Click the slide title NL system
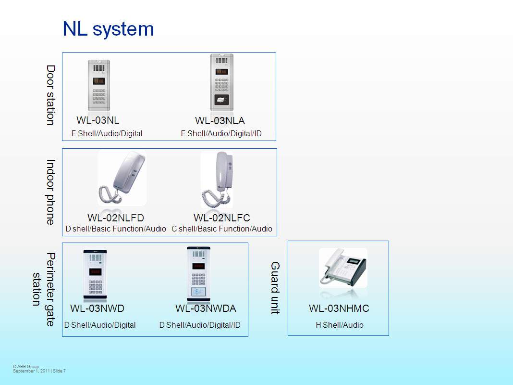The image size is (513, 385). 108,29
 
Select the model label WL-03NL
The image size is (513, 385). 98,120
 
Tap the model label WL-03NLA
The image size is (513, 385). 220,121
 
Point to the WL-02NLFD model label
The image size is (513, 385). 116,218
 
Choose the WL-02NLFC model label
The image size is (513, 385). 222,218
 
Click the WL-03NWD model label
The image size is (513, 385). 97,308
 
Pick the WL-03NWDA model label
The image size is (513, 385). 206,308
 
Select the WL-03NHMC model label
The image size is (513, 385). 339,308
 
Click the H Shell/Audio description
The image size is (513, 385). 340,325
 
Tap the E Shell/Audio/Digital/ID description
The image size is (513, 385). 221,134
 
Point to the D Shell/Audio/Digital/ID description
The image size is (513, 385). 200,325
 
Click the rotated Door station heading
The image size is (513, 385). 50,95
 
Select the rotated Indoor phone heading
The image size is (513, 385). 50,192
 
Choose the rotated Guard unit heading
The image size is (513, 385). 275,288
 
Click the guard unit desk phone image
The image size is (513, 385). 343,268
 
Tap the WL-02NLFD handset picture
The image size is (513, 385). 122,178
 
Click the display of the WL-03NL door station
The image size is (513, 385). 98,81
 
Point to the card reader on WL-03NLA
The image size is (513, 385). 221,100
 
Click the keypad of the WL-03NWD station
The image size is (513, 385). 95,287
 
